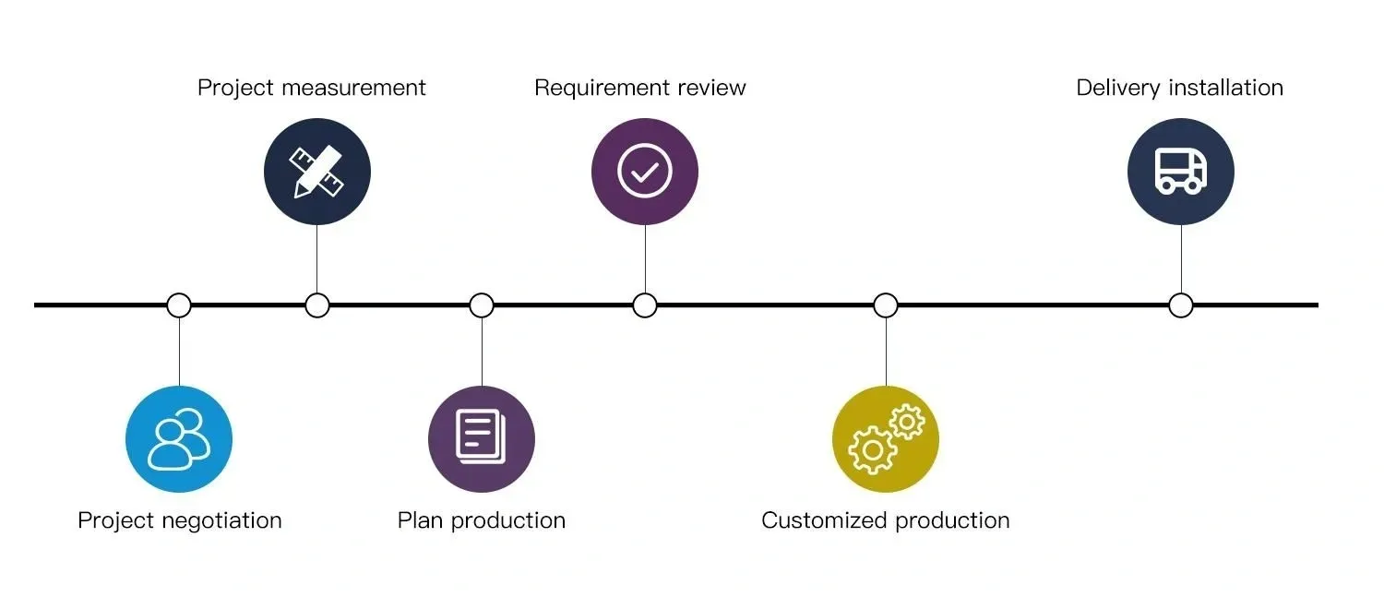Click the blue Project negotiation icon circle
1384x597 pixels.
click(179, 439)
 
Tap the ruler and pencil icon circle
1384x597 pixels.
click(317, 172)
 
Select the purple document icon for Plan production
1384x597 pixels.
click(482, 439)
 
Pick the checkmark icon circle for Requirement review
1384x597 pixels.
click(645, 172)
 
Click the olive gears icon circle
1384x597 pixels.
click(886, 439)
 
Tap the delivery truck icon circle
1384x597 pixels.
click(1181, 172)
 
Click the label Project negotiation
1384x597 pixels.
click(180, 520)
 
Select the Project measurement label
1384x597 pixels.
click(312, 88)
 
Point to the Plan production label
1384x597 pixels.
click(482, 520)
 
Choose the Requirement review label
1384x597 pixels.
click(640, 88)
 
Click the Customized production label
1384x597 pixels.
click(886, 520)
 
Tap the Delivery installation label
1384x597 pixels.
click(1180, 88)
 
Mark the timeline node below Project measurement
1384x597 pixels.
click(317, 305)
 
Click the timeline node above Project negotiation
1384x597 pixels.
click(179, 305)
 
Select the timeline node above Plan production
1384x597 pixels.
click(482, 305)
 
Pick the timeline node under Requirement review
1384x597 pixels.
click(645, 305)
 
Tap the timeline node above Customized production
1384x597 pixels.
click(886, 305)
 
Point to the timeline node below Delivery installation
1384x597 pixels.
click(1181, 305)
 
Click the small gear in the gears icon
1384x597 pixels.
click(908, 422)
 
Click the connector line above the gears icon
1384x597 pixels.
click(886, 351)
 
